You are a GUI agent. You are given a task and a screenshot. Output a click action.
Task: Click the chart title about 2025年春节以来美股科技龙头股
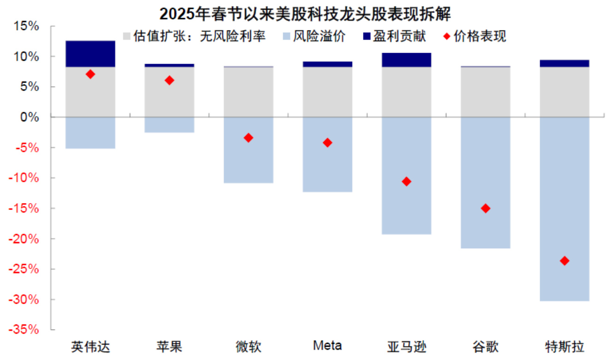coord(305,14)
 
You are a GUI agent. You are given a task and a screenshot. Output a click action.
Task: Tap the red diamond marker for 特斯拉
coord(564,261)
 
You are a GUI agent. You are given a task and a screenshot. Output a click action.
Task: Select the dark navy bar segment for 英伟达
coord(90,54)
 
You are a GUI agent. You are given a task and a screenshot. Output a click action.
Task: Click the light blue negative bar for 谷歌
coord(485,183)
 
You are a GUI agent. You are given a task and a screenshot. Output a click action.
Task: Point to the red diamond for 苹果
coord(169,80)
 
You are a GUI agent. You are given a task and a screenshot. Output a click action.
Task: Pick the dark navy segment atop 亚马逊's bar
coord(406,60)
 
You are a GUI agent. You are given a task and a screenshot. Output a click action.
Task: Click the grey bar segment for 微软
coord(248,92)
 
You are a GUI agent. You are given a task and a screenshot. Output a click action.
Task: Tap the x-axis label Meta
coord(327,345)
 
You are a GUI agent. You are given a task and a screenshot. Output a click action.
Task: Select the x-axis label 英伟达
coord(90,346)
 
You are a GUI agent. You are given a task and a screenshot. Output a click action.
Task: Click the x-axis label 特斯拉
coord(564,346)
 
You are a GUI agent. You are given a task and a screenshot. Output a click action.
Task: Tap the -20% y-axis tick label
coord(26,239)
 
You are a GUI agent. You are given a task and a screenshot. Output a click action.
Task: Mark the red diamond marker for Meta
coord(327,143)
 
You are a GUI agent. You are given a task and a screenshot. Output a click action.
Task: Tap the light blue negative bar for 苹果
coord(169,125)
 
